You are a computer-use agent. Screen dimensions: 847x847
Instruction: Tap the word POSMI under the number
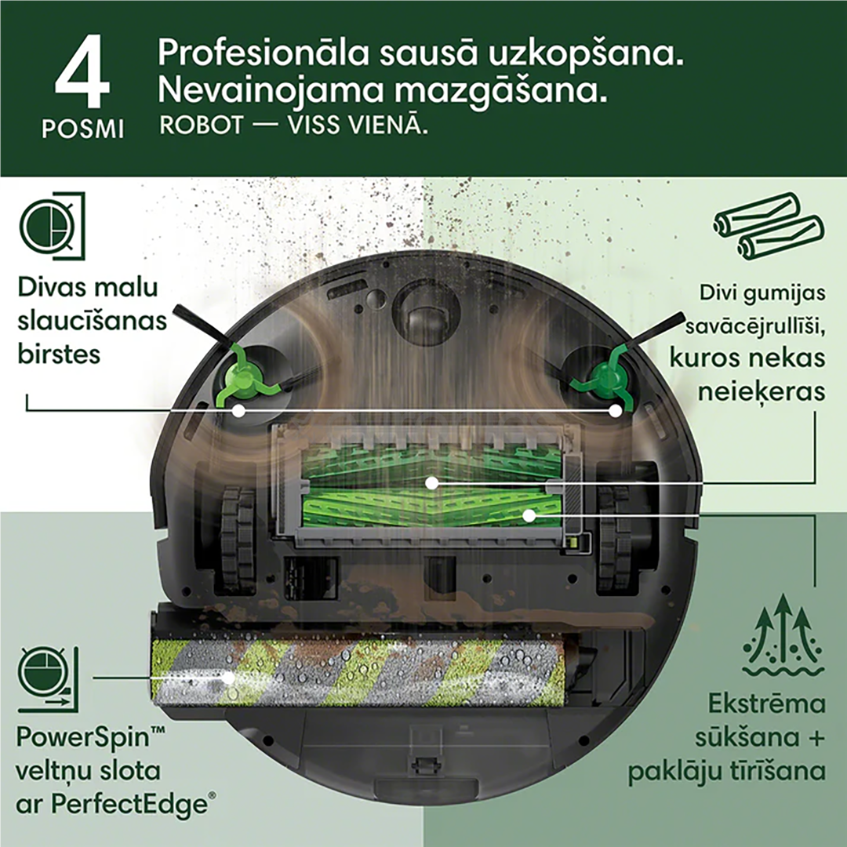pos(82,128)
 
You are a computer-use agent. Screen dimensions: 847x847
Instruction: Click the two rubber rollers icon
pos(769,224)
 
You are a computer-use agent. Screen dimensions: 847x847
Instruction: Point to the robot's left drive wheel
pos(237,537)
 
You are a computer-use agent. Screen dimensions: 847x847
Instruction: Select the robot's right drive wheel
pos(613,537)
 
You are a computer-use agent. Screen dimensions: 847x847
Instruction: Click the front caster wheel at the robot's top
pos(423,306)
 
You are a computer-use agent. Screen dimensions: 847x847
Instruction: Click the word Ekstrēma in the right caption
pos(766,703)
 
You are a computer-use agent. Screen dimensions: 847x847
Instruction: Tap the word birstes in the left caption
pos(59,354)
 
